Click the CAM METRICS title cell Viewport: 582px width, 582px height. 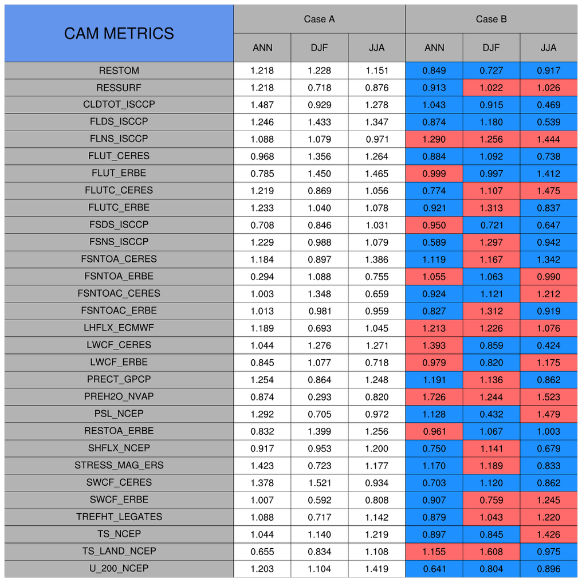(x=119, y=33)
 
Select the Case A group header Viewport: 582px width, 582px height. (x=319, y=19)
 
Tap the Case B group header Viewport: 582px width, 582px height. (x=491, y=19)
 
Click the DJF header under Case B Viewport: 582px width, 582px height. (x=491, y=48)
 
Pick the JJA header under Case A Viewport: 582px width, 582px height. (x=376, y=48)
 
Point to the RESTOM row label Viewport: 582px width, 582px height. (x=119, y=70)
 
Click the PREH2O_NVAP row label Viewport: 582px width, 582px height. (x=119, y=396)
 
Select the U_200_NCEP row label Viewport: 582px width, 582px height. (x=119, y=568)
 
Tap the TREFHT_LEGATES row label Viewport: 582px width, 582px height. (x=119, y=517)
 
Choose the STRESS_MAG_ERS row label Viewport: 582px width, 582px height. (x=119, y=465)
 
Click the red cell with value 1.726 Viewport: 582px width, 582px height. (x=434, y=396)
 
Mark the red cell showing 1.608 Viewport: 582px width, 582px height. (x=491, y=551)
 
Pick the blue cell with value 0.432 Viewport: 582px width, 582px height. (x=491, y=414)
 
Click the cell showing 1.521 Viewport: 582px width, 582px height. (x=319, y=482)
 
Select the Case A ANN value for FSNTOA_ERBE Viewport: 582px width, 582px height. (x=262, y=276)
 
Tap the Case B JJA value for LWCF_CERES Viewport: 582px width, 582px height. (x=548, y=345)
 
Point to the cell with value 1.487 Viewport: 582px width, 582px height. (x=262, y=105)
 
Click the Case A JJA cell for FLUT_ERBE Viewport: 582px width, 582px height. (x=376, y=173)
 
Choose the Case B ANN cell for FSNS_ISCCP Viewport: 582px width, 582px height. (x=434, y=242)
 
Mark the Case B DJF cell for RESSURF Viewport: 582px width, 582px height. (x=491, y=88)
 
